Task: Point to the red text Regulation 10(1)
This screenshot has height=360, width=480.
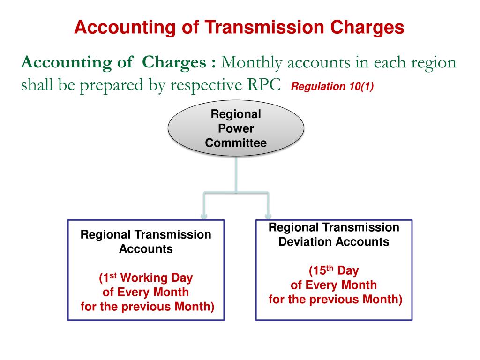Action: [332, 87]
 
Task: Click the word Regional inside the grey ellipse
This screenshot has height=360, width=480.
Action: [236, 114]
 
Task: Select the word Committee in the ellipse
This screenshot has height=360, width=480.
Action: [236, 143]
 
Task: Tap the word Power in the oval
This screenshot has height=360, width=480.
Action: [236, 129]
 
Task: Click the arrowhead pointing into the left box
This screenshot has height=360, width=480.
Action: [204, 216]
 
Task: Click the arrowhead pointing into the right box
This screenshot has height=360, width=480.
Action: [268, 216]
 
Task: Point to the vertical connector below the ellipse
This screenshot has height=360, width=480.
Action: [236, 173]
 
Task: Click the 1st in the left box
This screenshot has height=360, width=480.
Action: [109, 277]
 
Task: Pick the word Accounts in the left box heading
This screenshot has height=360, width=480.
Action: [146, 249]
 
